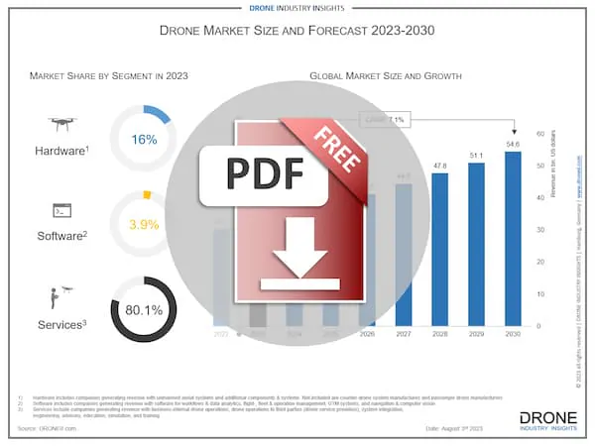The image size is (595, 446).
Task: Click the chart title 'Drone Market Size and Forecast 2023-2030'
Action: (x=297, y=31)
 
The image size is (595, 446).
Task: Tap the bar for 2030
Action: (x=513, y=238)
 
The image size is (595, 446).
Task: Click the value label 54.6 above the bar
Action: (x=513, y=145)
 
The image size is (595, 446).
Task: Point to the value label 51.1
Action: (x=476, y=156)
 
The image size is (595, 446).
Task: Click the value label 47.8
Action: (x=439, y=166)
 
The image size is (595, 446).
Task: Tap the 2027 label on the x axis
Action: (x=404, y=335)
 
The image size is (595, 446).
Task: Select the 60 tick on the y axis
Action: (x=539, y=133)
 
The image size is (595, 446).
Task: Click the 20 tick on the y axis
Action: (x=539, y=262)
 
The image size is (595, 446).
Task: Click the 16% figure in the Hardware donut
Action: (x=145, y=140)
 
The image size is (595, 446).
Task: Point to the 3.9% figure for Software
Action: (x=145, y=224)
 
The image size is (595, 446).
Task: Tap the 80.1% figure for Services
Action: (x=145, y=309)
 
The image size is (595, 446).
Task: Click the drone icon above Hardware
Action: (x=61, y=125)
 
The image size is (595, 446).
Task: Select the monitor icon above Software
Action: (x=61, y=210)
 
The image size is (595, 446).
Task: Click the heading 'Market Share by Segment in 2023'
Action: (x=108, y=75)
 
